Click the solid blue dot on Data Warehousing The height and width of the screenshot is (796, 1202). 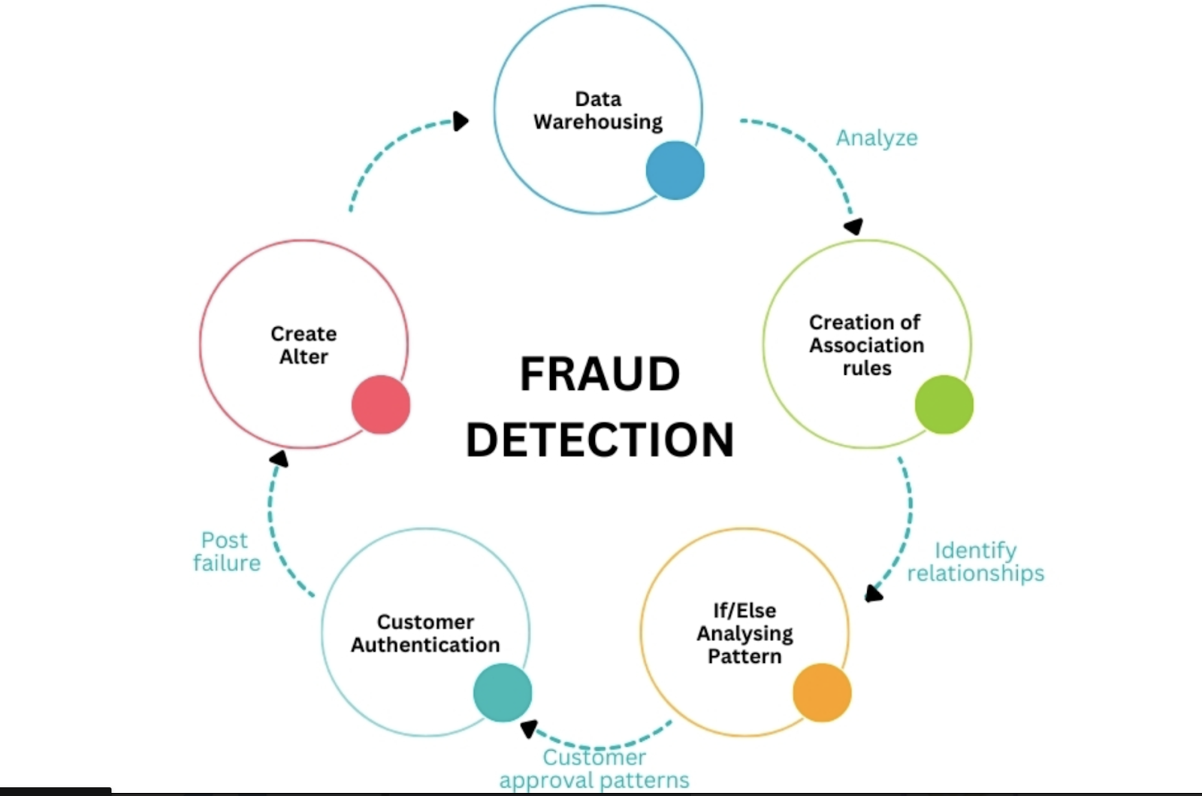pos(675,170)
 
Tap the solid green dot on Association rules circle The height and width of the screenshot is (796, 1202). pos(944,404)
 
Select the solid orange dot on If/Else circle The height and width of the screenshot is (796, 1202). pos(822,692)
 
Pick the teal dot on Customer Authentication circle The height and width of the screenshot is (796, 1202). pos(503,692)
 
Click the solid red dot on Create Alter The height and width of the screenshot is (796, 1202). pos(381,404)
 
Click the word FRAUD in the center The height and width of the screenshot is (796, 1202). pos(599,374)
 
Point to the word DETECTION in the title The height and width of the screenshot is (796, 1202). pos(599,440)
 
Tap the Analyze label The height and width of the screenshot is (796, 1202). pos(877,138)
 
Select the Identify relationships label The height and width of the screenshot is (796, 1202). pos(975,561)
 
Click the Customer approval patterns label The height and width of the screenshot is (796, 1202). pos(594,768)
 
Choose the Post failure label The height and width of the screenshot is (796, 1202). pos(226,551)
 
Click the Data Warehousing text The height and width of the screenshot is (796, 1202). pos(598,110)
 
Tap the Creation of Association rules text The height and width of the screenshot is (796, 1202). pos(866,345)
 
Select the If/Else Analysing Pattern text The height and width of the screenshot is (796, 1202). pos(744,633)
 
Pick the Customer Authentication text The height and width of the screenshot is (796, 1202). pos(425,633)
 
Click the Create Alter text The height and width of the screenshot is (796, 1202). pos(304,345)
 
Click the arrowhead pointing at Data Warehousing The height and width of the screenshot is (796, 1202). pos(461,121)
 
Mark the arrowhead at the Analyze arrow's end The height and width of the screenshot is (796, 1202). pos(853,226)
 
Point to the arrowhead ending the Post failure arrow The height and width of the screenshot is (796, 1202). pos(279,458)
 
